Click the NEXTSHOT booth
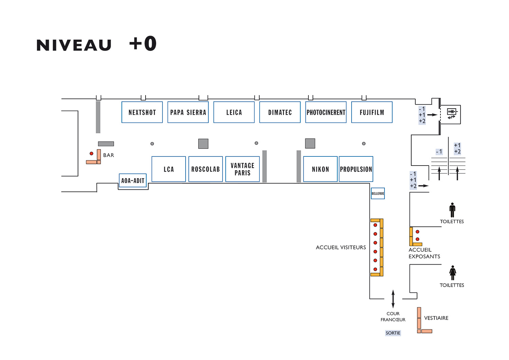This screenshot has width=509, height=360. coord(142,112)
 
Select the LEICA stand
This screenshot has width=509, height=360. coord(234,112)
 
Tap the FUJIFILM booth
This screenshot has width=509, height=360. coord(372,112)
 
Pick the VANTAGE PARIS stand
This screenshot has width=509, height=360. coord(243,169)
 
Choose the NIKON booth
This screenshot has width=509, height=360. coord(320,169)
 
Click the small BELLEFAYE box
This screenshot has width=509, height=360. coord(378,193)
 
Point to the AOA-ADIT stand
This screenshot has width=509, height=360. coord(133,181)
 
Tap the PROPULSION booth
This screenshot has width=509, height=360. coord(356,169)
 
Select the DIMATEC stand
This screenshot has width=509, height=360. coord(280,112)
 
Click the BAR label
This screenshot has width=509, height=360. coord(109,155)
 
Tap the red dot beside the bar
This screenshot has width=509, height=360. coord(91,154)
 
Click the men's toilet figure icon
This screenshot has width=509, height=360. coord(452,210)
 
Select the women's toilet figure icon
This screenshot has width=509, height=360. coord(453,273)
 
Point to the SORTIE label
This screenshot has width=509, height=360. coord(393,333)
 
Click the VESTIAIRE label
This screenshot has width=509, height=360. coord(436,318)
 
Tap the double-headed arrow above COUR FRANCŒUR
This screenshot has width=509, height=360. coord(393,299)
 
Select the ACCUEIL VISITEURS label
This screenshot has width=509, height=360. coord(341,247)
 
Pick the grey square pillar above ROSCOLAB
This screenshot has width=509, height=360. coord(203,144)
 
